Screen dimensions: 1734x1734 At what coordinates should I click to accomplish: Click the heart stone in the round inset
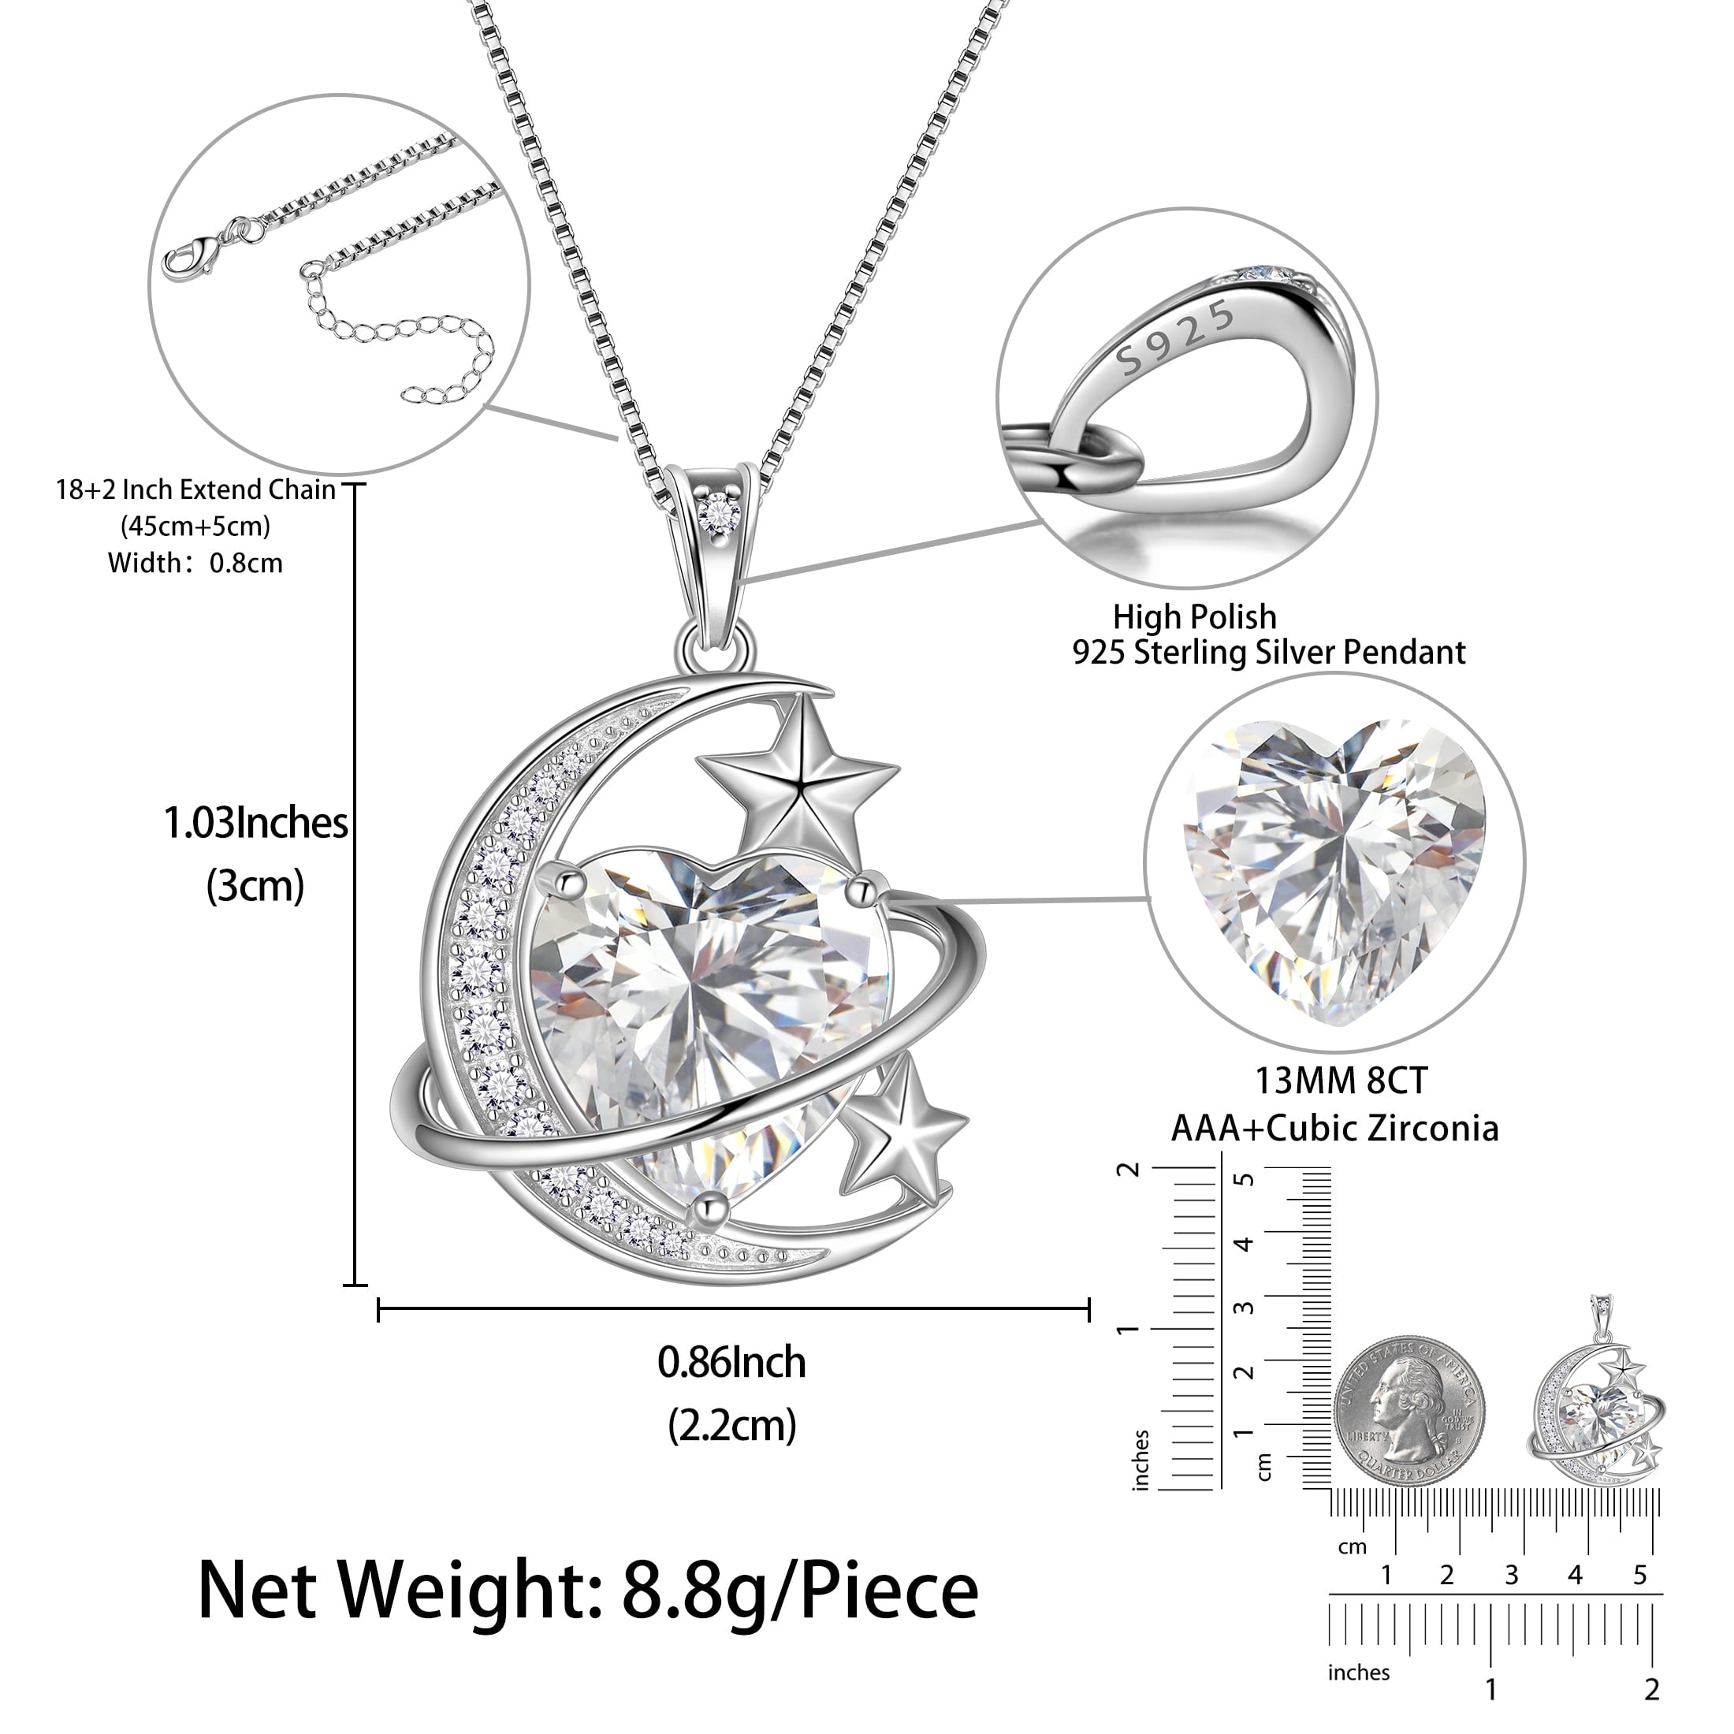point(1334,868)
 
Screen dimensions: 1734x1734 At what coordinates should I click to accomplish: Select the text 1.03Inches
point(255,823)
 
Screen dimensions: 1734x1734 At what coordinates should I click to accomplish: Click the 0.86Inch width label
point(731,1363)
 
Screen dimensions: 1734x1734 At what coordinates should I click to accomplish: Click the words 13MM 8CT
point(1340,1081)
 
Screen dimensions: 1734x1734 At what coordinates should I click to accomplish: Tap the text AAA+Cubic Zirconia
point(1334,1128)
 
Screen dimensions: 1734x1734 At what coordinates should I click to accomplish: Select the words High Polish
point(1195,616)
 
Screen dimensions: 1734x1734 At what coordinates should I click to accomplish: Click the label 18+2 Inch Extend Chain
point(195,490)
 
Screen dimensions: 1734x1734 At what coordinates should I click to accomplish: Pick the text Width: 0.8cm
point(195,564)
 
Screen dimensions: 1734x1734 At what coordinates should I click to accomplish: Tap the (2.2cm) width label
point(732,1425)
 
